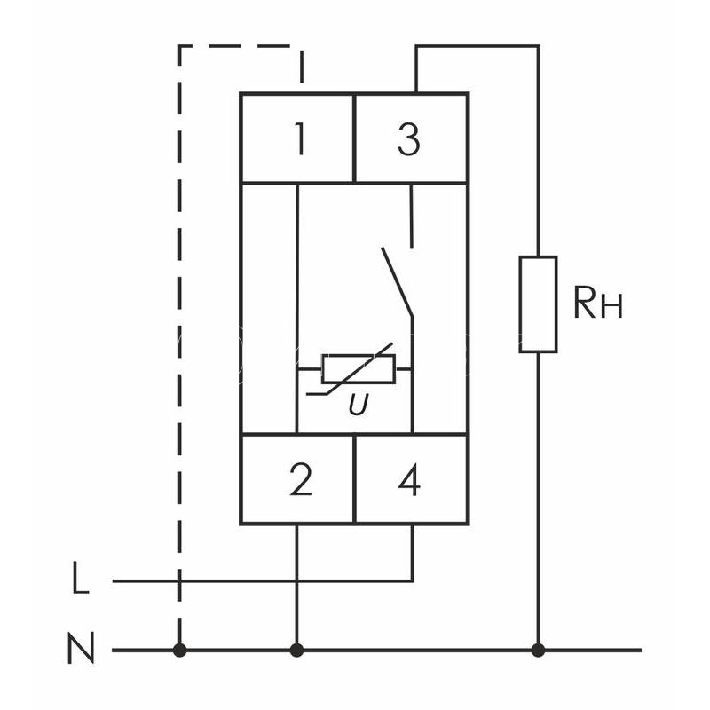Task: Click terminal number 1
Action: (x=299, y=139)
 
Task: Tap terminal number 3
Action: (x=409, y=139)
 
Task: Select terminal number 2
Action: (x=301, y=480)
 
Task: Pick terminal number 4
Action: (x=409, y=480)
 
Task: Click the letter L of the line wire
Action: (x=81, y=578)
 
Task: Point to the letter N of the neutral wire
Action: (x=81, y=648)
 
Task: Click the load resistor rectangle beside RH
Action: (x=538, y=304)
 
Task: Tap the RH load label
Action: (x=597, y=303)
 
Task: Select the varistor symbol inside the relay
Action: (x=358, y=369)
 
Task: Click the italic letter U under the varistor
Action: (x=359, y=405)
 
